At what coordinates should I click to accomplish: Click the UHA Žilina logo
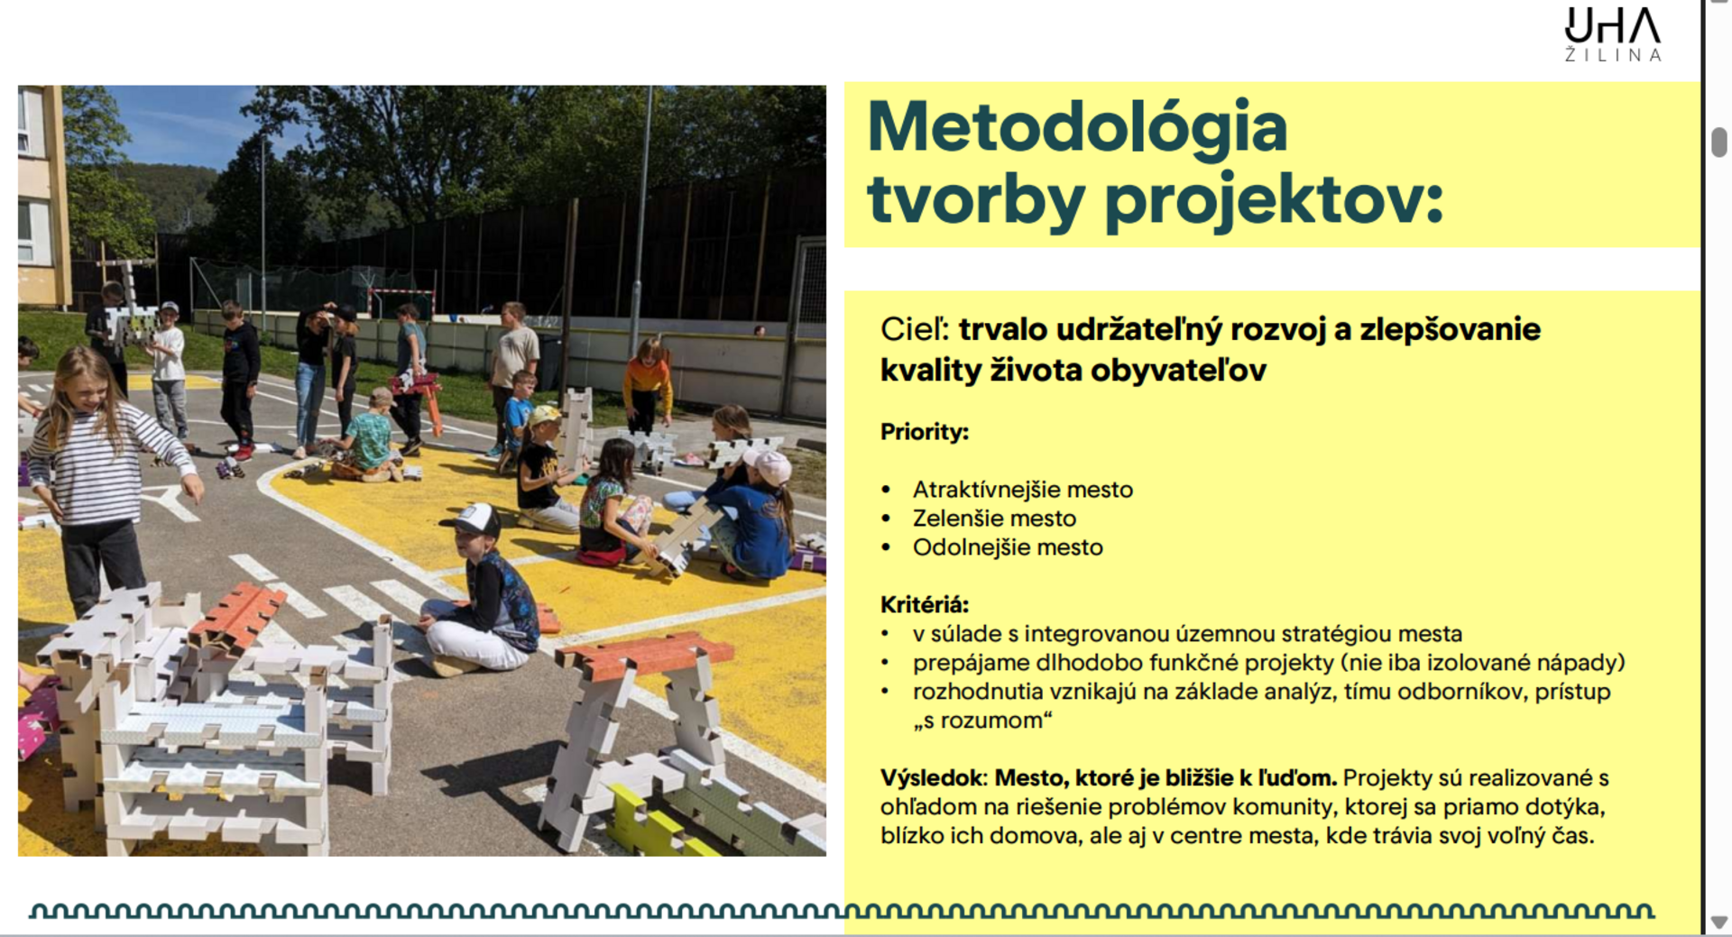click(1613, 35)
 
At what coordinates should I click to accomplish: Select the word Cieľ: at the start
click(915, 329)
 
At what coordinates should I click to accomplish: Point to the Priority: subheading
click(924, 432)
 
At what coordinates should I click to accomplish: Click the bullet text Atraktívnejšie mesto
click(1022, 490)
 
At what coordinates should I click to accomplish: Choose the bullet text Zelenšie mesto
click(994, 519)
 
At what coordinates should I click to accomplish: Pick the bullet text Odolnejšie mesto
click(1008, 547)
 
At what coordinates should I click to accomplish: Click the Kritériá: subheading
click(925, 604)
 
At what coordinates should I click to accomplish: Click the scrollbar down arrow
click(1718, 922)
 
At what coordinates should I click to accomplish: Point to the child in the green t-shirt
click(366, 436)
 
